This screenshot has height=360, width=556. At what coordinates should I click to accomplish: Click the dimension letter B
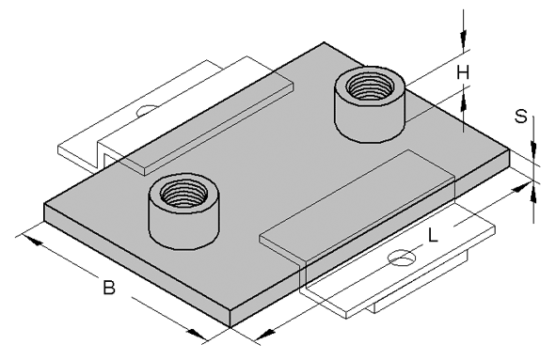click(109, 288)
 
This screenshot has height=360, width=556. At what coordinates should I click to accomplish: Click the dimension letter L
click(433, 235)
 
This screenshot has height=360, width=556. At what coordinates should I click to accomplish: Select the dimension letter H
click(463, 73)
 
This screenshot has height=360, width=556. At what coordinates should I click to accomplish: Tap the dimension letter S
click(521, 117)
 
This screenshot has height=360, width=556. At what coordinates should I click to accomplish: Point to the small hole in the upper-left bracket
click(147, 110)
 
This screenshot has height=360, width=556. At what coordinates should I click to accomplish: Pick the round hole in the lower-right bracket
click(403, 258)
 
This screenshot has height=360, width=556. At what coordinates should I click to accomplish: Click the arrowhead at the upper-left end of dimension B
click(33, 241)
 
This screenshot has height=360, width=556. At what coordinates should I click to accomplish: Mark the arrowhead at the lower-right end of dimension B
click(197, 334)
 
